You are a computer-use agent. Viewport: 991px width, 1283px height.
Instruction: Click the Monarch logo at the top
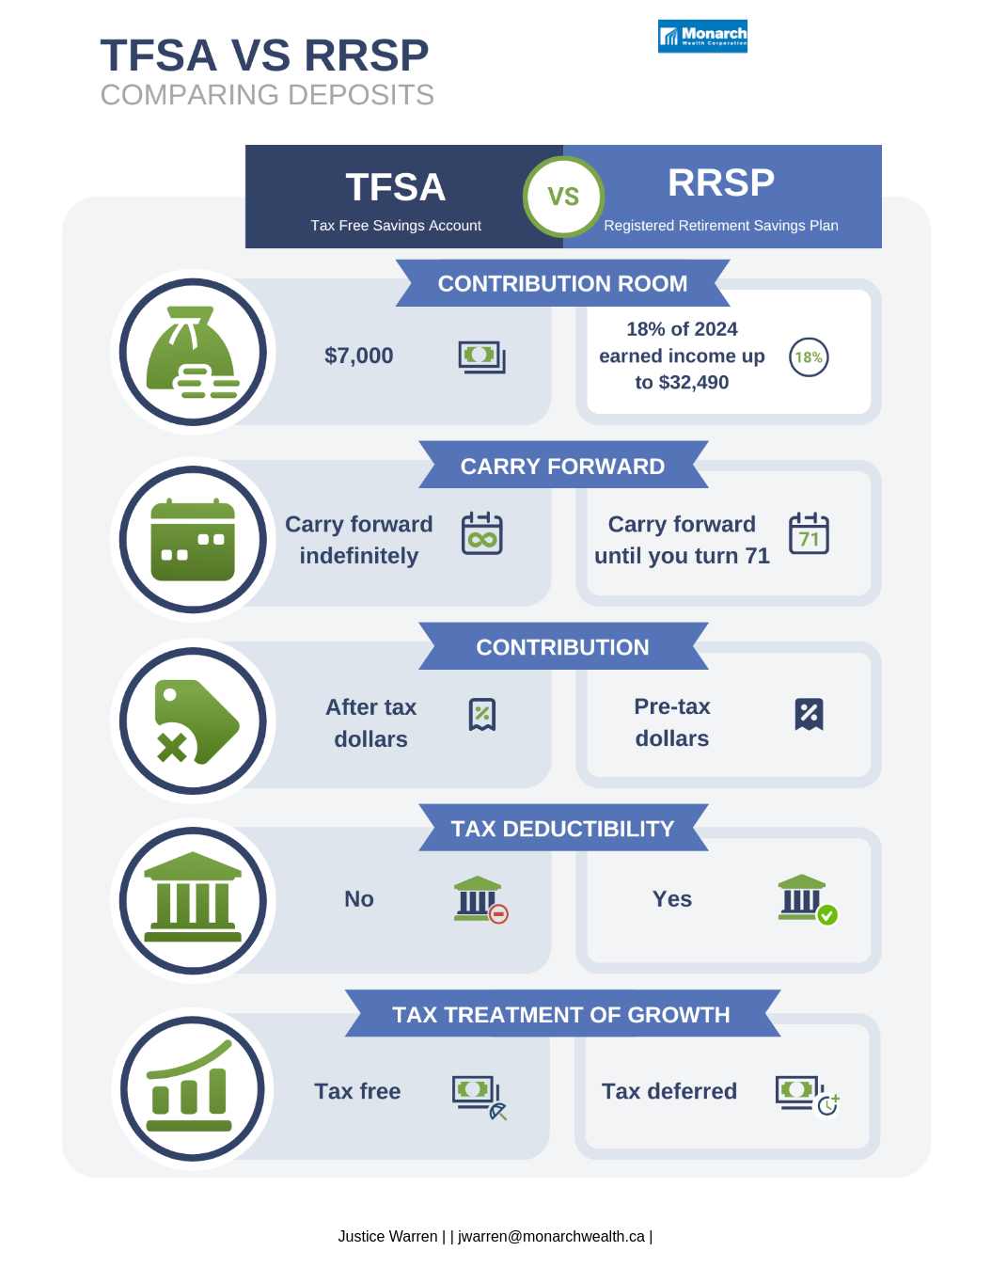pos(702,36)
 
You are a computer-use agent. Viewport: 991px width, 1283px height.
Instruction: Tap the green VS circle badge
pos(563,197)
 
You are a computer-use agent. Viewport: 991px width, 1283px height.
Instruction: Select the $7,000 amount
pos(358,356)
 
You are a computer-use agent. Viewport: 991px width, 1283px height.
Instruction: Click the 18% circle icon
pos(809,357)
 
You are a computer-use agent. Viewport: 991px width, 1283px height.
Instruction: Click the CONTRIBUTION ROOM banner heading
pos(562,283)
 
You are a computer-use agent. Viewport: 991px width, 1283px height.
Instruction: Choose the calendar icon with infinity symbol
pos(482,533)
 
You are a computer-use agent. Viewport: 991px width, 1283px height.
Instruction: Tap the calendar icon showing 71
pos(809,533)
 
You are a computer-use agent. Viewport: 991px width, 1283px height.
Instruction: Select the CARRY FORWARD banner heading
pos(562,466)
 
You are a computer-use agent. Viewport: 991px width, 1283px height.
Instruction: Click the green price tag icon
pos(193,721)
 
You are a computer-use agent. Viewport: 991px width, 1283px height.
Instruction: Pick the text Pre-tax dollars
pos(671,722)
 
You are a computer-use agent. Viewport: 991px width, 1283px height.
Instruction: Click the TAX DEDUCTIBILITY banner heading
pos(562,828)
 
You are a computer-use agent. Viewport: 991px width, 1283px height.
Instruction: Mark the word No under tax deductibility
pos(359,899)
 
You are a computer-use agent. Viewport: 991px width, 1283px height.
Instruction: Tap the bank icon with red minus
pos(480,899)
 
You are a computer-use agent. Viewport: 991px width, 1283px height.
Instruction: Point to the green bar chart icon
pos(192,1088)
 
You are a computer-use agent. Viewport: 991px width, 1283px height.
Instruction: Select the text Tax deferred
pos(669,1091)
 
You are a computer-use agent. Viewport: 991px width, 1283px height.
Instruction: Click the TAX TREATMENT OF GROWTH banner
pos(561,1014)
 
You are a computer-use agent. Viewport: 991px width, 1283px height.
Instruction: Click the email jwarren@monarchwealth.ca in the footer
pos(551,1236)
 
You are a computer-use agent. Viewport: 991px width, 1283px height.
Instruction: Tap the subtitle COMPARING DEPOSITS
pos(267,95)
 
